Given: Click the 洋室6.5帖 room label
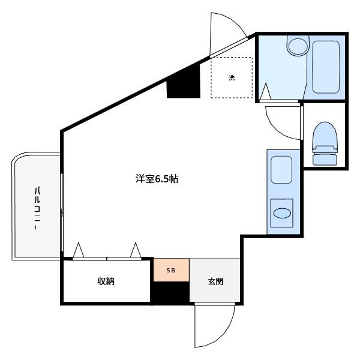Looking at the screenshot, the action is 157,179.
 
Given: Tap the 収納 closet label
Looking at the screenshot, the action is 106,281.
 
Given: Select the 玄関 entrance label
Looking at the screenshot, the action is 215,281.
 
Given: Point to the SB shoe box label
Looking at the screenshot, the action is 171,271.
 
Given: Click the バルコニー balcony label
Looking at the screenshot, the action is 37,208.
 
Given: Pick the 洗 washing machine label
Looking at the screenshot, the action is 232,77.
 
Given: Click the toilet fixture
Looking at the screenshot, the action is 325,143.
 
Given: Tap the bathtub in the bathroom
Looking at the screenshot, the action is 326,67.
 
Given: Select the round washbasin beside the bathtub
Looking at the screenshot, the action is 298,46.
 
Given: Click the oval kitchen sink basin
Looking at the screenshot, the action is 282,213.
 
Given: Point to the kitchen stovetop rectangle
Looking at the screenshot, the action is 281,170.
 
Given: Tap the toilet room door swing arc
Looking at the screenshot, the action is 275,128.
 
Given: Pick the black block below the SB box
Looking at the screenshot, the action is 171,292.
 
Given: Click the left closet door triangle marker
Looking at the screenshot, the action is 79,250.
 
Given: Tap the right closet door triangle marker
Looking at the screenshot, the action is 136,250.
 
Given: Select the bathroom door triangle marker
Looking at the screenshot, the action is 266,91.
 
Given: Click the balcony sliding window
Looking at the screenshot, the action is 62,212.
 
